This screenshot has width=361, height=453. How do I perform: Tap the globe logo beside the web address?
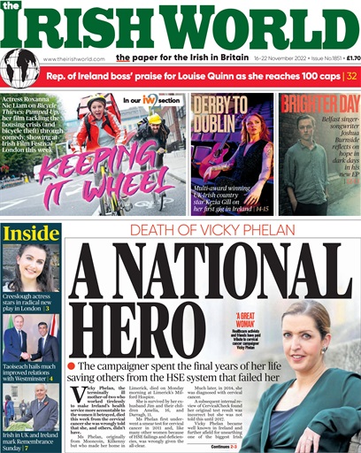19,68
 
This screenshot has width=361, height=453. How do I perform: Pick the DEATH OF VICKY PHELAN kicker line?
210,230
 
